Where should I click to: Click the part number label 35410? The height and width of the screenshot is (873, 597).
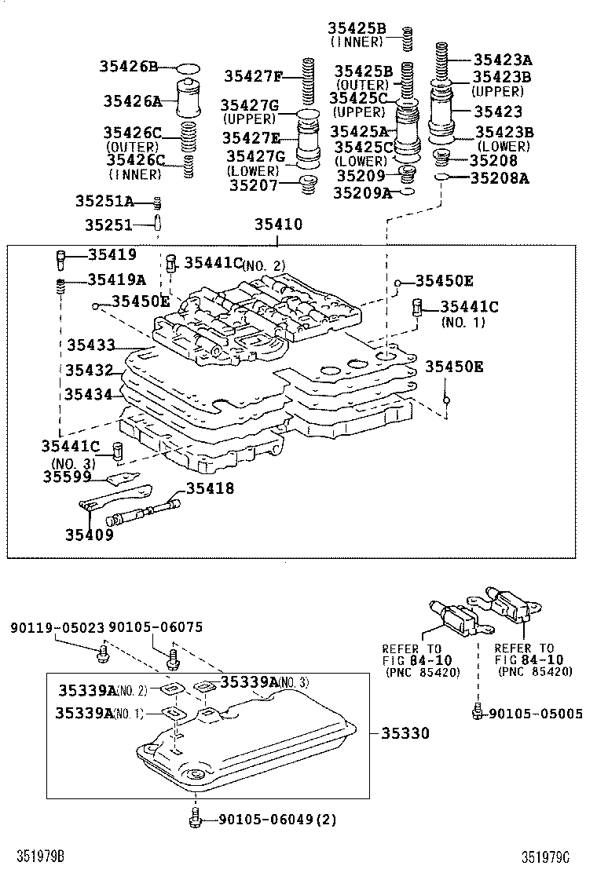pos(277,225)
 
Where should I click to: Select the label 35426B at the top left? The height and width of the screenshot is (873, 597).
pos(129,66)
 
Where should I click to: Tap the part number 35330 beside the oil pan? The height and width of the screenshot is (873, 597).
pos(405,733)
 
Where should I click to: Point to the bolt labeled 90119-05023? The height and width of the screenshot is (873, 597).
pos(104,651)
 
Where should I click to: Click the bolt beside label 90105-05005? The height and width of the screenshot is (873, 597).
pos(476,713)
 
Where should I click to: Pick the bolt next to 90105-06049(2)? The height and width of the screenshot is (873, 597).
pos(193,820)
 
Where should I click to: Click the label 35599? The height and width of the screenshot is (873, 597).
pos(68,477)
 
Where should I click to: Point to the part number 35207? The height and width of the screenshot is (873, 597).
pos(255,186)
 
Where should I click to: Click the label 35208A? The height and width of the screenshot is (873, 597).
pos(500,178)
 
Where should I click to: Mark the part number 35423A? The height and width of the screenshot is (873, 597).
pos(503,60)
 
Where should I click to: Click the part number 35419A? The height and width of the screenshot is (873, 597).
pos(116,279)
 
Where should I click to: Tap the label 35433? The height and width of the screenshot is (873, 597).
pos(91,345)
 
